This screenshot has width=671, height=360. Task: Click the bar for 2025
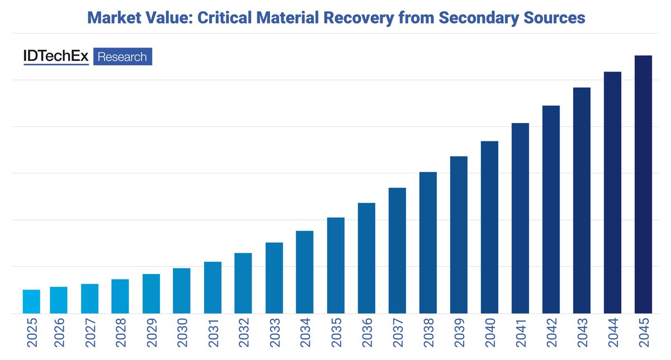(31, 302)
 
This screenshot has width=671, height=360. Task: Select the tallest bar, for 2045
(643, 184)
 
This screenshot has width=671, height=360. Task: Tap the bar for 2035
(335, 266)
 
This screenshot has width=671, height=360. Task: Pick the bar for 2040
(489, 228)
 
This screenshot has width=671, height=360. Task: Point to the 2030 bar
(182, 291)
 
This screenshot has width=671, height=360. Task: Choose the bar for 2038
(428, 243)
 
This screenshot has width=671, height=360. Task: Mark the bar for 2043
(582, 201)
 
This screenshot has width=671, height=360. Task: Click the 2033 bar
(274, 278)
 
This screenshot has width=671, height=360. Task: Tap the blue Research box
(122, 56)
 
